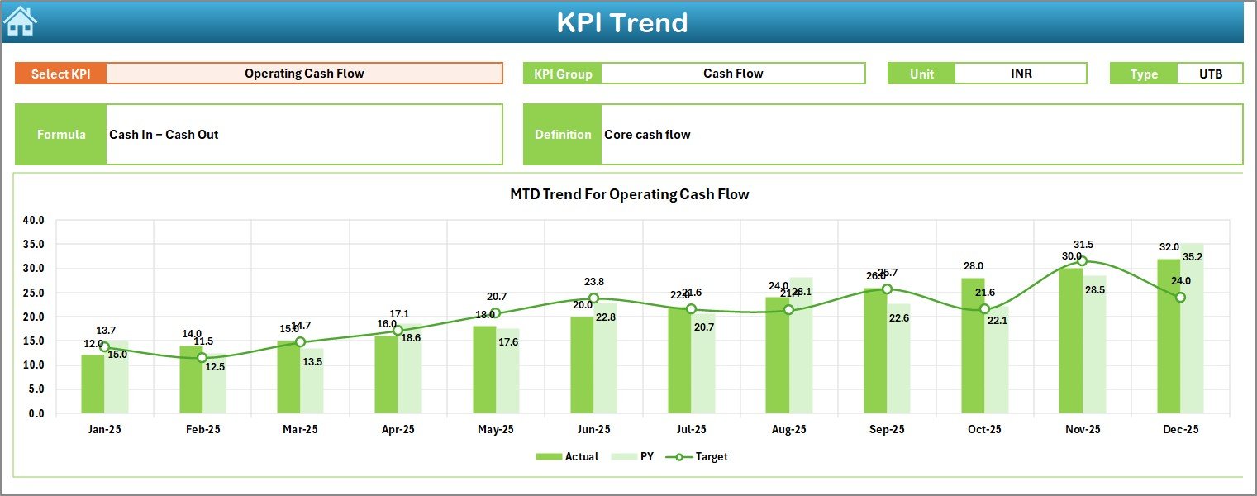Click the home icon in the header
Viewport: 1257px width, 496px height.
pyautogui.click(x=20, y=21)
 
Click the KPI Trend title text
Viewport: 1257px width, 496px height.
pyautogui.click(x=621, y=22)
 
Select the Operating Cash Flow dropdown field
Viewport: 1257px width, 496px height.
pyautogui.click(x=304, y=74)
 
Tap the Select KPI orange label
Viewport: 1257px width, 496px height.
pyautogui.click(x=61, y=74)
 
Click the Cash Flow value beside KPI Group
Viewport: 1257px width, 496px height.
pyautogui.click(x=733, y=74)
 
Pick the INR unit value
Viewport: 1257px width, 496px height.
pyautogui.click(x=1021, y=74)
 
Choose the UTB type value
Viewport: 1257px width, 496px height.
pyautogui.click(x=1211, y=74)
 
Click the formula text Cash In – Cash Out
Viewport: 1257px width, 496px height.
pyautogui.click(x=164, y=135)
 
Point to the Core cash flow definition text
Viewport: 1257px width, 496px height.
pyautogui.click(x=647, y=135)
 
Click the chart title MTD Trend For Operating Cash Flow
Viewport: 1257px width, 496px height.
pyautogui.click(x=629, y=195)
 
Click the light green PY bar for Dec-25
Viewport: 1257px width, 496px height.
pyautogui.click(x=1192, y=331)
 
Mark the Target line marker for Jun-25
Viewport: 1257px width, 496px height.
pyautogui.click(x=593, y=298)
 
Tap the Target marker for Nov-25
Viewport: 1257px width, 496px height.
pyautogui.click(x=1083, y=261)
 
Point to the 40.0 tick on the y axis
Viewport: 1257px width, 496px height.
pyautogui.click(x=34, y=221)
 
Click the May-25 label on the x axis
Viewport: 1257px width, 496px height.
pyautogui.click(x=495, y=430)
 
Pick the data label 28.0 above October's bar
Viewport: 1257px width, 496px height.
pyautogui.click(x=973, y=266)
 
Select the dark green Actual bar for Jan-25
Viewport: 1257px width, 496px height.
pyautogui.click(x=93, y=384)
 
